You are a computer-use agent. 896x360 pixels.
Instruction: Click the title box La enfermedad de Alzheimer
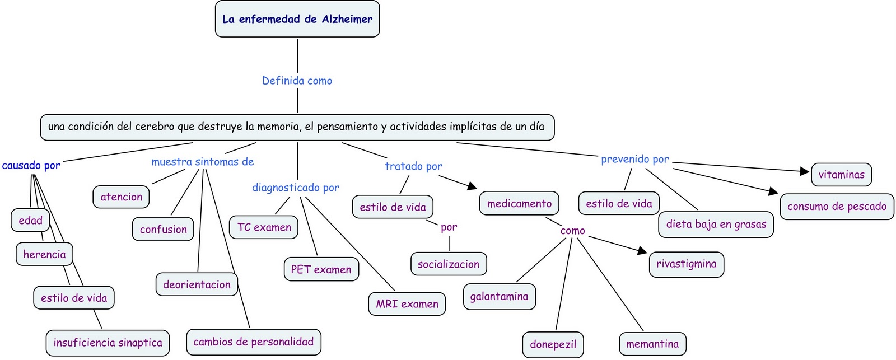(x=297, y=19)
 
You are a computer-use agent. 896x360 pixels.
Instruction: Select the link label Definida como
(x=297, y=81)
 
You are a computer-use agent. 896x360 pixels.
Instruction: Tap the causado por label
(x=31, y=165)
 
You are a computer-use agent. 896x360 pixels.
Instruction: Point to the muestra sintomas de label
(x=202, y=162)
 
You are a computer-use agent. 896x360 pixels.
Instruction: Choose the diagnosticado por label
(x=296, y=187)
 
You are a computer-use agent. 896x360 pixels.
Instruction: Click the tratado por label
(x=414, y=166)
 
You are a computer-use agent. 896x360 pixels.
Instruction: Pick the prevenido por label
(x=635, y=159)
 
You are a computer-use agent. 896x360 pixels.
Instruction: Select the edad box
(x=30, y=220)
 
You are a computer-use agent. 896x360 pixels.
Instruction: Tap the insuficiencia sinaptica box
(x=108, y=343)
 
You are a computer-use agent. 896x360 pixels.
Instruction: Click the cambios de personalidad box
(x=254, y=342)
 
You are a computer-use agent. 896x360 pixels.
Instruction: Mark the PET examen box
(x=321, y=269)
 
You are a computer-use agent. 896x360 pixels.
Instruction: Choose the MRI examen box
(x=407, y=304)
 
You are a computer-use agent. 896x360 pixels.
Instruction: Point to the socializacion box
(x=449, y=264)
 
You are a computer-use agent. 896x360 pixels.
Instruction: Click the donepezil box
(x=553, y=344)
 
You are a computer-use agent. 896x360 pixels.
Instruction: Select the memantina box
(x=652, y=344)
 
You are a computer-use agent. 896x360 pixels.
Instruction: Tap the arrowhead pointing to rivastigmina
(x=642, y=251)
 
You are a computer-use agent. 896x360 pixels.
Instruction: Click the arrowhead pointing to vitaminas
(x=805, y=171)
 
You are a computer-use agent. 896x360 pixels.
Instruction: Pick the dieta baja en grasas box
(x=716, y=225)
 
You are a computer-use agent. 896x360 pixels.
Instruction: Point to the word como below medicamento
(x=572, y=231)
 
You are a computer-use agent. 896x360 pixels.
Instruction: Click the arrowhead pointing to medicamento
(x=473, y=186)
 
